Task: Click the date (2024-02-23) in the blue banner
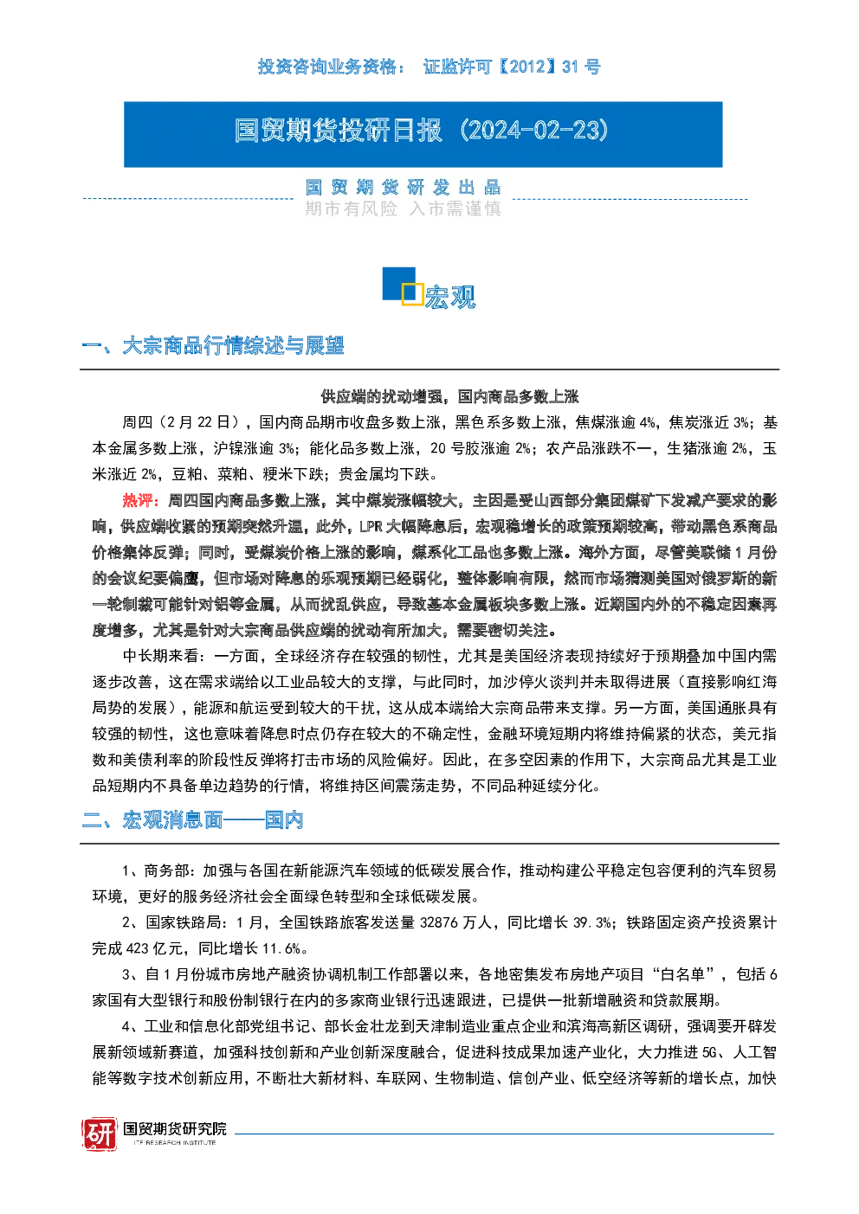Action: pyautogui.click(x=534, y=131)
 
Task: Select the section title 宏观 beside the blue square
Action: pyautogui.click(x=449, y=297)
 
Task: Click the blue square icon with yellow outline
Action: pyautogui.click(x=402, y=286)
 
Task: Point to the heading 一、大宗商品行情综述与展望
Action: pyautogui.click(x=212, y=346)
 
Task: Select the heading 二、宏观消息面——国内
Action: pyautogui.click(x=192, y=820)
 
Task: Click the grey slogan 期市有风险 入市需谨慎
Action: pyautogui.click(x=403, y=209)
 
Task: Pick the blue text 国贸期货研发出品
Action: pyautogui.click(x=403, y=188)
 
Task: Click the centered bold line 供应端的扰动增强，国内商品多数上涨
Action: pyautogui.click(x=449, y=396)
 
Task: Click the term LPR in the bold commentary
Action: pyautogui.click(x=371, y=526)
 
